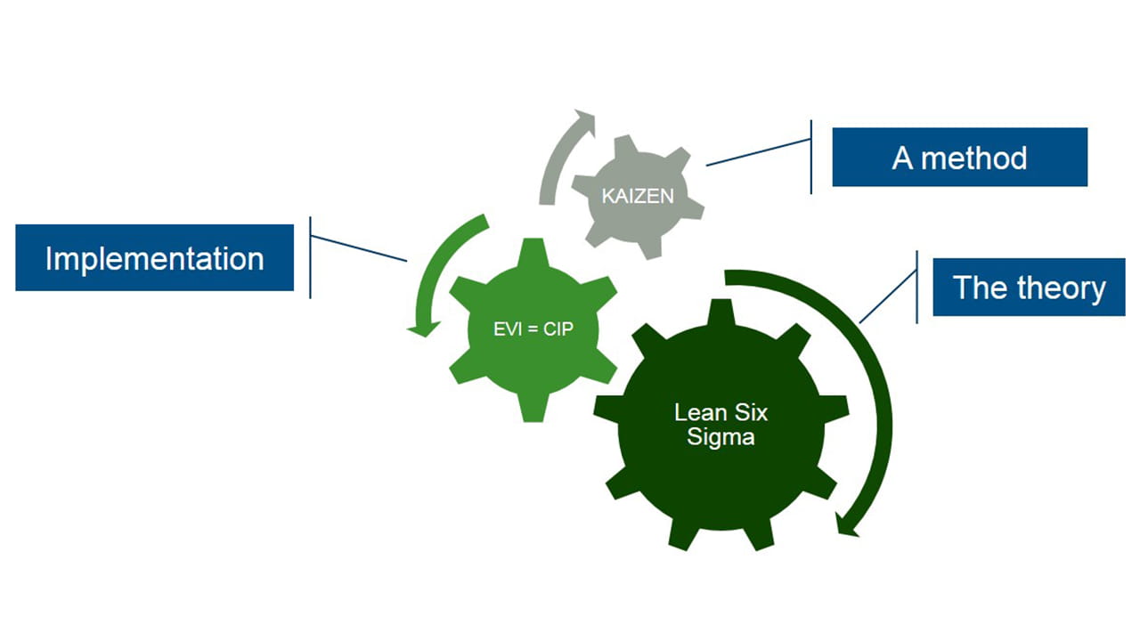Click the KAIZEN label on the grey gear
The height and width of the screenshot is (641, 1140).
tap(638, 196)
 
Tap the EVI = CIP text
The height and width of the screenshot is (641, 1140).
tap(533, 329)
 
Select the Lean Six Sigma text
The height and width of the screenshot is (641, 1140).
tap(721, 425)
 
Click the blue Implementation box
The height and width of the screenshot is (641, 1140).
tap(154, 258)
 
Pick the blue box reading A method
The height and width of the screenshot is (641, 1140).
tap(959, 158)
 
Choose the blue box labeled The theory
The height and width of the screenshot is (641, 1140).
tap(1029, 288)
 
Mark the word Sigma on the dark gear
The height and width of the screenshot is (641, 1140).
tap(721, 437)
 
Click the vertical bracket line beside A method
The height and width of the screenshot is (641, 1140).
tap(811, 158)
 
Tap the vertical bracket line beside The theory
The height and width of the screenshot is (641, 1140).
tap(917, 287)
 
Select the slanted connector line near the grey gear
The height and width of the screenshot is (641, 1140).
tap(757, 152)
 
